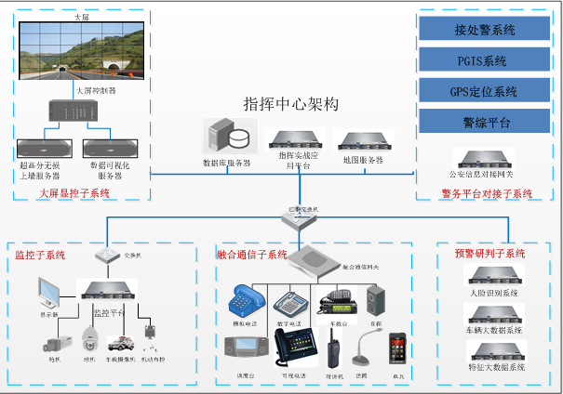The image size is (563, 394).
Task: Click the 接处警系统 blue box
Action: click(485, 29)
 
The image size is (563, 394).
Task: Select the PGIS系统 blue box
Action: click(485, 60)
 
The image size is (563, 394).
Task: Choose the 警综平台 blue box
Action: click(485, 121)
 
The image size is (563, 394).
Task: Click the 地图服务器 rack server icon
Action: click(361, 141)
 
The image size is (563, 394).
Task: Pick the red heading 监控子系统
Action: click(40, 254)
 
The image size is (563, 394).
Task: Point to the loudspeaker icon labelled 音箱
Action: click(376, 298)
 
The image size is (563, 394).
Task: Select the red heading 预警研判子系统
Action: click(489, 253)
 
